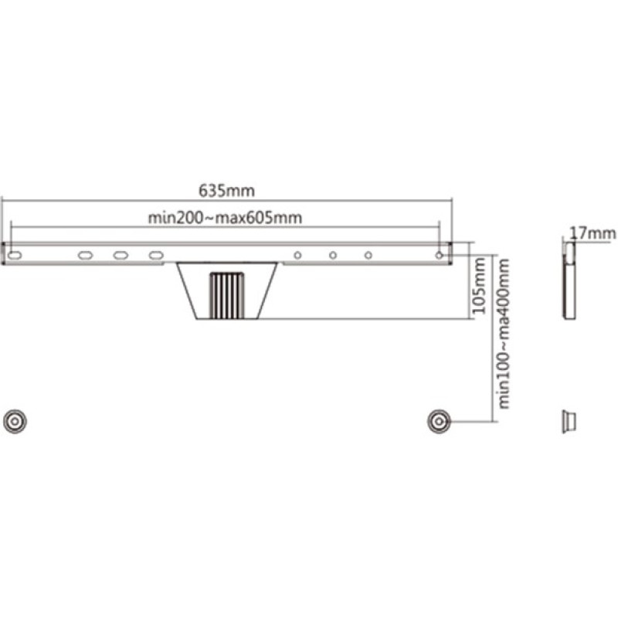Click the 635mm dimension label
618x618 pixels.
(x=226, y=191)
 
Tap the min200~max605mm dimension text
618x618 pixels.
(x=225, y=218)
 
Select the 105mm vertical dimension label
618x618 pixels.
(x=480, y=286)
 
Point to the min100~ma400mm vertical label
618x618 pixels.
(x=504, y=334)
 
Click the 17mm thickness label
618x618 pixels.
(x=593, y=233)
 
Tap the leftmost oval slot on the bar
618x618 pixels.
(x=15, y=256)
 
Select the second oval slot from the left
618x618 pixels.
(x=86, y=256)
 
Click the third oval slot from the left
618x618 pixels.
(x=121, y=256)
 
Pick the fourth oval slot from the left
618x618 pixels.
(x=156, y=256)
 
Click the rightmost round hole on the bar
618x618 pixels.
(x=439, y=256)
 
